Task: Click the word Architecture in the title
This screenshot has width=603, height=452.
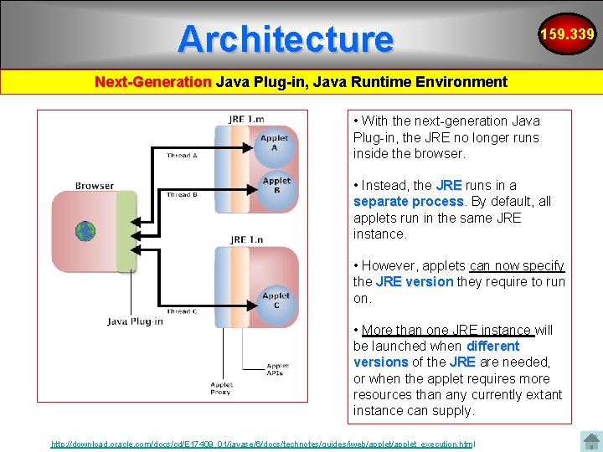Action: pyautogui.click(x=285, y=39)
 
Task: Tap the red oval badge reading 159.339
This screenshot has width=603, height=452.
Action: pyautogui.click(x=567, y=34)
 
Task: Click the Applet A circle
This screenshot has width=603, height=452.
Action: pyautogui.click(x=275, y=143)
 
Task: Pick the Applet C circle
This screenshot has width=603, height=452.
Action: pyautogui.click(x=276, y=300)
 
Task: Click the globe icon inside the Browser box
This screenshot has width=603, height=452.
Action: pyautogui.click(x=85, y=231)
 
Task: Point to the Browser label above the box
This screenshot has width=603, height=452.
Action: pyautogui.click(x=94, y=186)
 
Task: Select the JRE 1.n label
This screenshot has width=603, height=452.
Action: pyautogui.click(x=248, y=239)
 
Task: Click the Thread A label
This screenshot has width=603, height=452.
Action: pyautogui.click(x=182, y=156)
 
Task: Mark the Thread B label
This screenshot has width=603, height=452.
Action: pyautogui.click(x=182, y=195)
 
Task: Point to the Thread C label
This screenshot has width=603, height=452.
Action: pyautogui.click(x=182, y=311)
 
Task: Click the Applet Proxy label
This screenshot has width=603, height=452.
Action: pyautogui.click(x=220, y=388)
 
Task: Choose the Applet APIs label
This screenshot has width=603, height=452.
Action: pyautogui.click(x=277, y=369)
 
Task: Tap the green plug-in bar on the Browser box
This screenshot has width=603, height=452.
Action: pyautogui.click(x=126, y=232)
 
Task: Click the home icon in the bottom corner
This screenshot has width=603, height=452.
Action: pyautogui.click(x=591, y=440)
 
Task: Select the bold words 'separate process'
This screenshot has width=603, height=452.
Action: pyautogui.click(x=409, y=202)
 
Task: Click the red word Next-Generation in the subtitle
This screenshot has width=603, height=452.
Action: pyautogui.click(x=152, y=82)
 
